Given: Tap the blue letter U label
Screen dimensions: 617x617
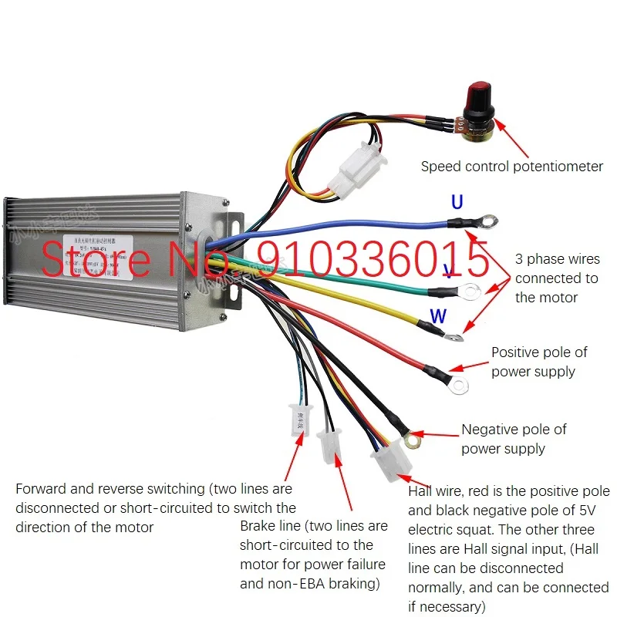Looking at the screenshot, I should pos(457,203).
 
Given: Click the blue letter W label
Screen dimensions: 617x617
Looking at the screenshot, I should pos(437,315).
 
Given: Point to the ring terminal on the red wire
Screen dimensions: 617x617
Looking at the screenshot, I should pos(460,383).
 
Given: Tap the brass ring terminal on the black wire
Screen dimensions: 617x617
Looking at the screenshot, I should pos(413,440).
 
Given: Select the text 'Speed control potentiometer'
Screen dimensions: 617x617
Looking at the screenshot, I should pos(511,166).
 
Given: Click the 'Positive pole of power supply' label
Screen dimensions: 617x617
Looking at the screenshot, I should pos(538,362).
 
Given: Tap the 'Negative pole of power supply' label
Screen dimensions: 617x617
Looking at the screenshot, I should pos(514,439).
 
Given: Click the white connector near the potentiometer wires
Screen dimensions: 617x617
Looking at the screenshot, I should pos(354,172).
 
